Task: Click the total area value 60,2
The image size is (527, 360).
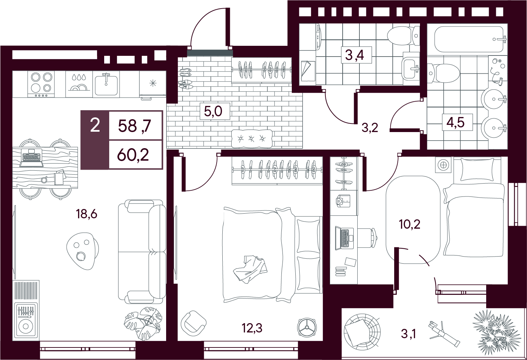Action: click(133, 155)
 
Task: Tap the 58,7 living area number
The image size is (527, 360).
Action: click(135, 126)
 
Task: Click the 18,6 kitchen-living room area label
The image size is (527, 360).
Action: click(86, 214)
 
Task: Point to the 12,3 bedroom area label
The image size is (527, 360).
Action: click(252, 328)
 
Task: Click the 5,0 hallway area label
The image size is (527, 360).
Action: click(213, 111)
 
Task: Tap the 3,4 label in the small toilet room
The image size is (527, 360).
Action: click(354, 55)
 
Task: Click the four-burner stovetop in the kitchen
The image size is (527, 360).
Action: click(41, 84)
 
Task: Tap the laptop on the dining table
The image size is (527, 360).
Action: click(32, 158)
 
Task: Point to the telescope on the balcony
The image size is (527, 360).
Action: click(444, 334)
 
